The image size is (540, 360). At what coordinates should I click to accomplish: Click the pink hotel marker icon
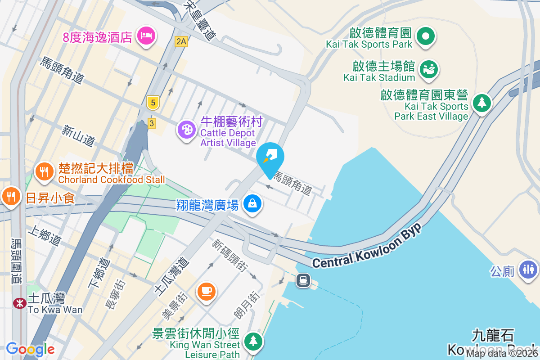146,35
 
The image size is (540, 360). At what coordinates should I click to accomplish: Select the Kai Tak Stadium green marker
428,69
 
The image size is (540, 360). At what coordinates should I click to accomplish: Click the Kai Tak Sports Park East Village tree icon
481,103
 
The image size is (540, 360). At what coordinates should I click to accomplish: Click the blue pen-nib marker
270,157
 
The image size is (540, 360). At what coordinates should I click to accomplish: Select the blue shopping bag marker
252,203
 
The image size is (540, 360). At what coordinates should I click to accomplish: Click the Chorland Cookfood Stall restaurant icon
44,172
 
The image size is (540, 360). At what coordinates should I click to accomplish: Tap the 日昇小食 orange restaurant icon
10,196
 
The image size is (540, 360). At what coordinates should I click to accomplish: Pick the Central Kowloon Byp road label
366,246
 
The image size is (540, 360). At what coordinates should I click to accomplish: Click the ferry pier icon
303,280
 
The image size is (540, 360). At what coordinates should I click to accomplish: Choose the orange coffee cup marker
207,291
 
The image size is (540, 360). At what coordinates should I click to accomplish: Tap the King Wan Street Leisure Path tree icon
253,340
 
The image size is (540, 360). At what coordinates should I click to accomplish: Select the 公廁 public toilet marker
528,269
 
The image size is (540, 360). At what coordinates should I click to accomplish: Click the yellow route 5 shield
153,103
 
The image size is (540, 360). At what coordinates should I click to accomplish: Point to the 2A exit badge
181,42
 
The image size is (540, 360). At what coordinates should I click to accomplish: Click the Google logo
30,349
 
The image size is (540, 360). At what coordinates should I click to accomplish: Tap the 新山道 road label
79,136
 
